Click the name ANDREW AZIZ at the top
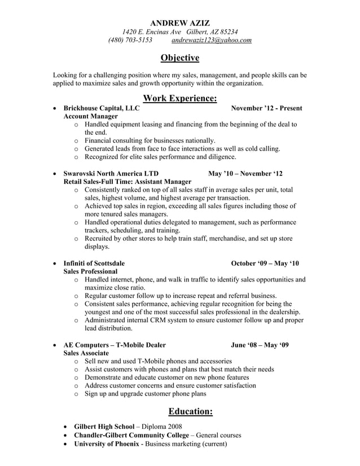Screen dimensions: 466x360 [x=180, y=23]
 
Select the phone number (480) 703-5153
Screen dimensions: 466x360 [x=130, y=41]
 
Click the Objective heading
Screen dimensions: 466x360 [x=180, y=58]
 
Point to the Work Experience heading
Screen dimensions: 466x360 [x=180, y=99]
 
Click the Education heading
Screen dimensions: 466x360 [x=186, y=411]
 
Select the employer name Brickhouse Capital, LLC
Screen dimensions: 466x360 [x=102, y=108]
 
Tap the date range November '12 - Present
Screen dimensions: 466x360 [x=266, y=108]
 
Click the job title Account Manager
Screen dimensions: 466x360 [x=91, y=116]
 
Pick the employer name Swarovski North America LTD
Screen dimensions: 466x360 [x=111, y=173]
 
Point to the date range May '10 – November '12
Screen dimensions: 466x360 [x=245, y=173]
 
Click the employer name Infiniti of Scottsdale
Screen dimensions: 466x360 [x=94, y=263]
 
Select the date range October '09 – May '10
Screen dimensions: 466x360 [x=265, y=263]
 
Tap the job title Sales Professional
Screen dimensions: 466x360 [x=90, y=271]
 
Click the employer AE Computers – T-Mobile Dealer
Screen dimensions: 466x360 [x=115, y=345]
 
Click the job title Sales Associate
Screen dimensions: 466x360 [x=86, y=353]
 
